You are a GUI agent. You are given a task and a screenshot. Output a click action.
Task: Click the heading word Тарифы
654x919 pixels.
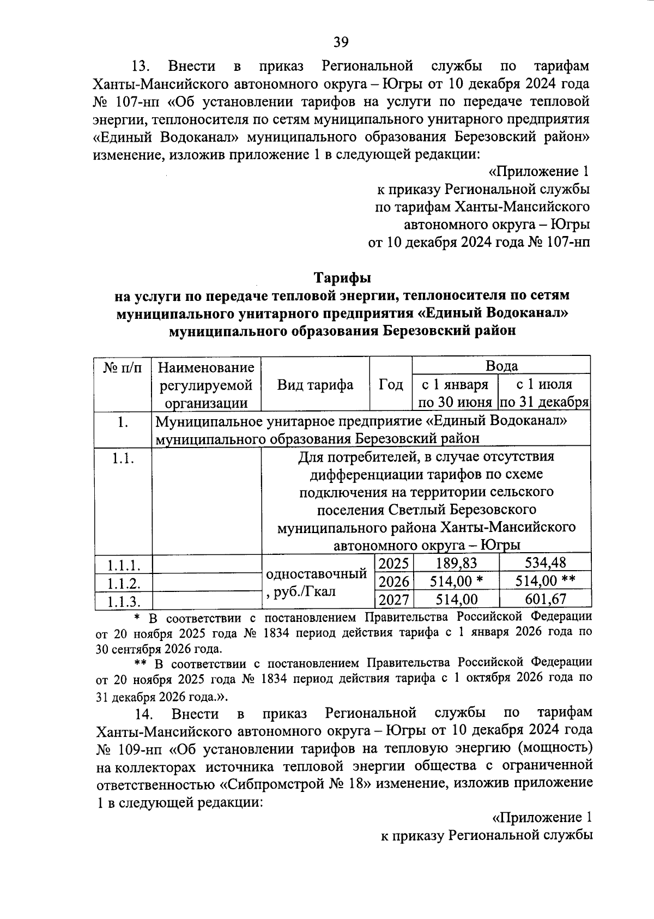click(342, 277)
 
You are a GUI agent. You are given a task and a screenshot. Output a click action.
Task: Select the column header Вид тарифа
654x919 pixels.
click(315, 385)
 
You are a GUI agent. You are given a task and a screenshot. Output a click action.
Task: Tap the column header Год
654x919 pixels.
click(391, 385)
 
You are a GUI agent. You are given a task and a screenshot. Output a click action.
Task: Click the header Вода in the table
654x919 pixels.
click(501, 366)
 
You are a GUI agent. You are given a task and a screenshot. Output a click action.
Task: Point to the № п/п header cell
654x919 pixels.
click(123, 367)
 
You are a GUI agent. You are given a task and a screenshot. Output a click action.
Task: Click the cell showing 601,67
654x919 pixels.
click(545, 600)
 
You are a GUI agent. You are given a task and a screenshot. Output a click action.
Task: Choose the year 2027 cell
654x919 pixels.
click(393, 600)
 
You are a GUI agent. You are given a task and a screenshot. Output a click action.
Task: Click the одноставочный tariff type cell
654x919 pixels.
click(316, 574)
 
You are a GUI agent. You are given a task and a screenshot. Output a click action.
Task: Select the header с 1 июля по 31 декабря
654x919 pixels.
click(545, 394)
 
